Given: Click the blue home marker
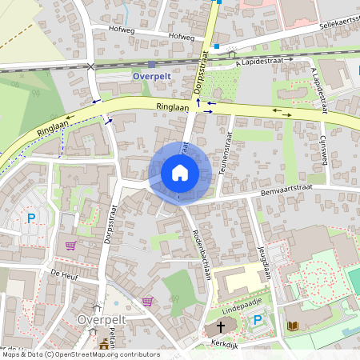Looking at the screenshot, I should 180,173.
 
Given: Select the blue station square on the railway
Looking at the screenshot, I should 151,65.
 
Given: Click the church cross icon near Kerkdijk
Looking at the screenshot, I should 221,327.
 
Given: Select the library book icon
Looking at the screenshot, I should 292,326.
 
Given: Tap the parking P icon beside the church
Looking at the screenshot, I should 257,321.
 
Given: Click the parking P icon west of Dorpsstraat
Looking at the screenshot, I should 32,217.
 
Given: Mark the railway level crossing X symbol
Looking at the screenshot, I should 92,66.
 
